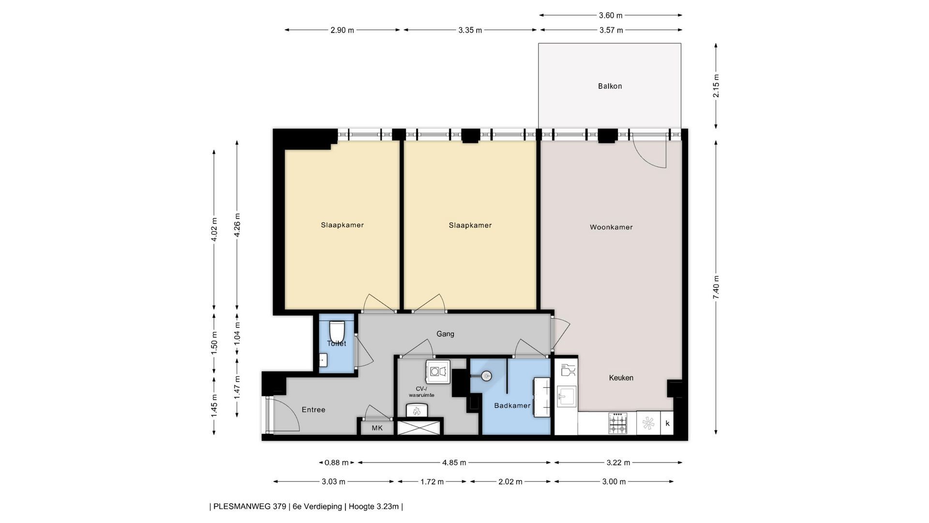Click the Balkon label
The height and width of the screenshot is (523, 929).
click(x=610, y=86)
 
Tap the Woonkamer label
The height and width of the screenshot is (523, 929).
click(x=611, y=227)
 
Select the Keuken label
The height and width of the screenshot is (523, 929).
click(x=621, y=378)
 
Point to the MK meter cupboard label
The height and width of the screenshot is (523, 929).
click(x=377, y=428)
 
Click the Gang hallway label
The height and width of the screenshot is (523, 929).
click(x=445, y=334)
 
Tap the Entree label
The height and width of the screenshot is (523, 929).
click(x=314, y=410)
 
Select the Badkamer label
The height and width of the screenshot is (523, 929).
click(x=512, y=405)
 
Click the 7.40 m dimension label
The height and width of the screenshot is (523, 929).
click(x=716, y=287)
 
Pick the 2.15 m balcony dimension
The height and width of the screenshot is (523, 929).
click(x=716, y=86)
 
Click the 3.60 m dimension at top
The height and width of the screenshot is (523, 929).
click(x=611, y=15)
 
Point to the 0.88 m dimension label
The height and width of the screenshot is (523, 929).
click(x=336, y=462)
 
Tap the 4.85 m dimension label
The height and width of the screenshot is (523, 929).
click(x=454, y=462)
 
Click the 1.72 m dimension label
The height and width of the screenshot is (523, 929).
click(x=432, y=482)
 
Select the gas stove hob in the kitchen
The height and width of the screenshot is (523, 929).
click(x=618, y=423)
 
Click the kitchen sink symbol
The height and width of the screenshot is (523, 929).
click(x=567, y=396)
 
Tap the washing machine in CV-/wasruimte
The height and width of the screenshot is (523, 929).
click(x=438, y=371)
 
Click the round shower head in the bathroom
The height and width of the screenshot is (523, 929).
click(x=486, y=375)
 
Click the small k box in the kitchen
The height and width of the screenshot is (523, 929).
click(x=667, y=423)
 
